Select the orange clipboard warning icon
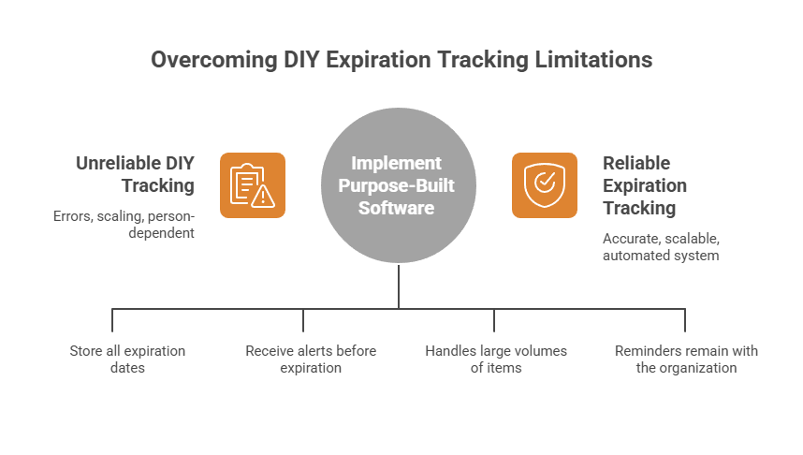(253, 185)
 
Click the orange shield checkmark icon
(545, 185)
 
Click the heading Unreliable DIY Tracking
(135, 174)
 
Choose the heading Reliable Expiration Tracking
(645, 185)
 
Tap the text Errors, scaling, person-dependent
(124, 224)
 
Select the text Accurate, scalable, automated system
(661, 246)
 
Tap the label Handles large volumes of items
(496, 360)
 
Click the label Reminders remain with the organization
(686, 360)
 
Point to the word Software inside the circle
(399, 208)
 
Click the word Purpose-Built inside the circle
(399, 185)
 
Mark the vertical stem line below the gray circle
(399, 286)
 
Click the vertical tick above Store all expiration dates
(112, 320)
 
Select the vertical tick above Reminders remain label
(685, 320)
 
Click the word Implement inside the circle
(399, 164)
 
